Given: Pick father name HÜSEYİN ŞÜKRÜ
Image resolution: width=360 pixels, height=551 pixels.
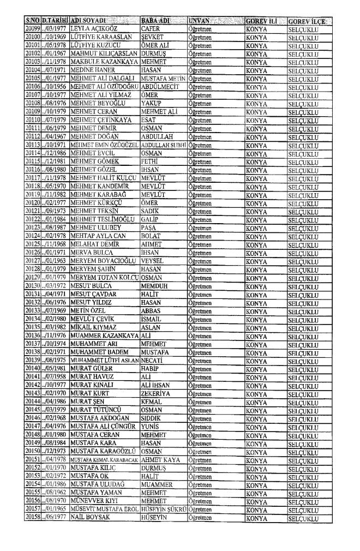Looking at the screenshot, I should point(163,522).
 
